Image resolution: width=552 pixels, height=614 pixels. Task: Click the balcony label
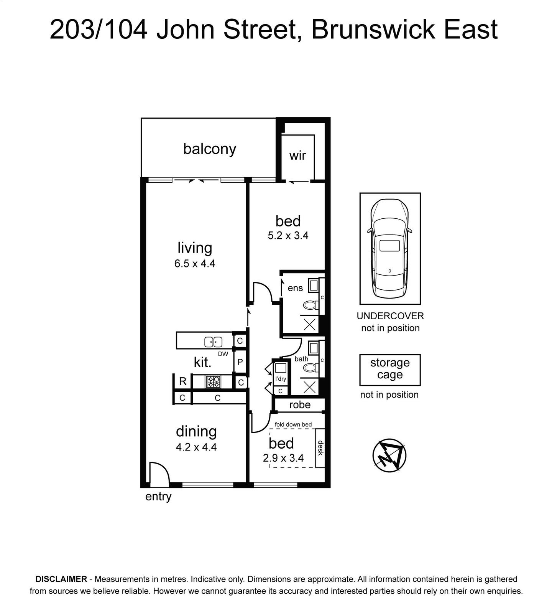click(x=209, y=149)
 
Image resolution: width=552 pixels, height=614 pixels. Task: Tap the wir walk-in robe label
click(x=297, y=155)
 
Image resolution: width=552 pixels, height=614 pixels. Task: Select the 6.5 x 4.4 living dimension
click(x=195, y=264)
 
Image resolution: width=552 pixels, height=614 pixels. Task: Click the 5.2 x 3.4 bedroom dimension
click(x=288, y=235)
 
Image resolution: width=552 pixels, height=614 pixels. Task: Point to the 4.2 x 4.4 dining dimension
click(x=196, y=447)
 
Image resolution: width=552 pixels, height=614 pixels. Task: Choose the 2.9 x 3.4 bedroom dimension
click(x=283, y=458)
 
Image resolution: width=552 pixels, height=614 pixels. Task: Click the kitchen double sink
click(x=214, y=341)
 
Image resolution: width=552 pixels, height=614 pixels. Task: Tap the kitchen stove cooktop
click(x=213, y=382)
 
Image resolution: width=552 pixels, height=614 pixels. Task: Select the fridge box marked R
click(x=183, y=381)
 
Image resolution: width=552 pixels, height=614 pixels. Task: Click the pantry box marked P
click(x=240, y=362)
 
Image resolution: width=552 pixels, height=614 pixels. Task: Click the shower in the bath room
click(x=310, y=388)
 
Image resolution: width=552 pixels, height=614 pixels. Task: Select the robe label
click(x=300, y=405)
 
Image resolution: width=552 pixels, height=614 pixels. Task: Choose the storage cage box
click(x=390, y=370)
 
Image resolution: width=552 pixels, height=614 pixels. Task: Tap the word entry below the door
click(x=158, y=497)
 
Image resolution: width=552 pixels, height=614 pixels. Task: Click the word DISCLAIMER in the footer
click(x=61, y=579)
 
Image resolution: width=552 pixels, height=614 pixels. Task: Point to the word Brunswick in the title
click(x=373, y=29)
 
